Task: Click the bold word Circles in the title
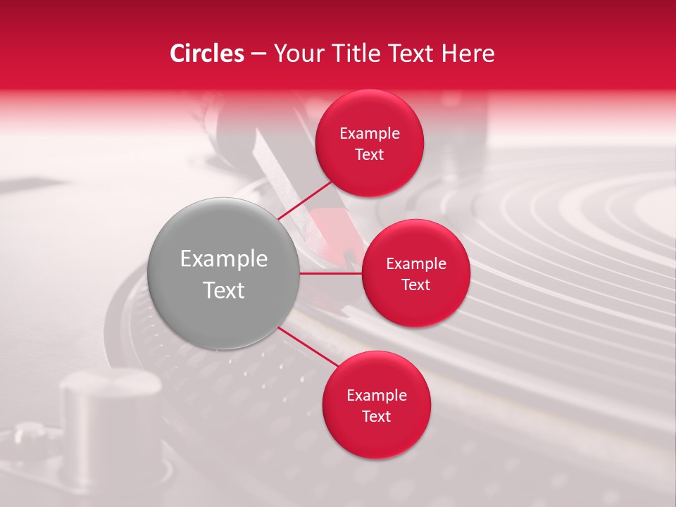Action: tap(206, 54)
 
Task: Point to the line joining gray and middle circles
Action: tap(331, 273)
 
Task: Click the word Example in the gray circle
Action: tap(224, 259)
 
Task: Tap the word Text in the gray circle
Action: tap(224, 290)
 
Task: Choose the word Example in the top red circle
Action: tap(370, 134)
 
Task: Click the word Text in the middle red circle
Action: tap(415, 285)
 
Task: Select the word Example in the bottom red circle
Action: tap(377, 396)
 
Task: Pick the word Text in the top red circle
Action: tap(370, 155)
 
